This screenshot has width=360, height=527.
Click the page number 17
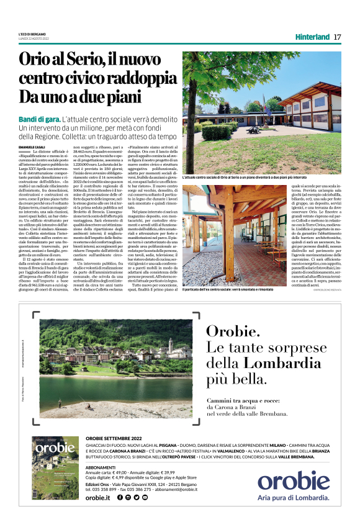337,37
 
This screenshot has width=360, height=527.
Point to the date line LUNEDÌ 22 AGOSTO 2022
34,38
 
